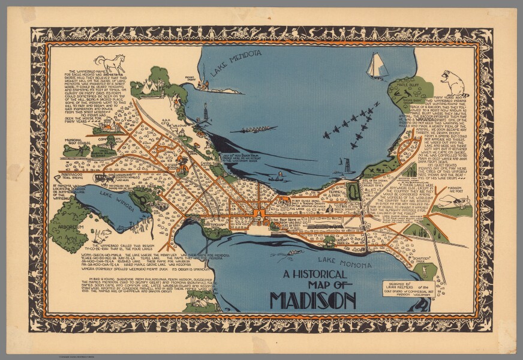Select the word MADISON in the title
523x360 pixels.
(x=312, y=299)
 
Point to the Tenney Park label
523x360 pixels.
(x=335, y=194)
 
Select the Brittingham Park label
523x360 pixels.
(x=215, y=226)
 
